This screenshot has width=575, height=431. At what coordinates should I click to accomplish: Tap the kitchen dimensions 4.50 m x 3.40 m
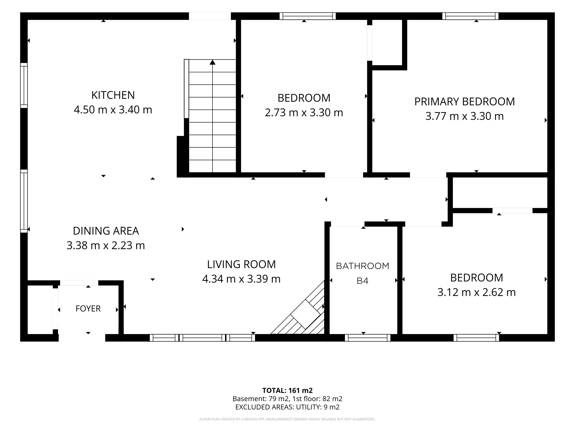[x=113, y=110]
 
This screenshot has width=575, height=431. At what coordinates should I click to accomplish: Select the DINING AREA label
[x=106, y=231]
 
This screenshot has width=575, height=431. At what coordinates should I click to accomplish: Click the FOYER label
[x=88, y=308]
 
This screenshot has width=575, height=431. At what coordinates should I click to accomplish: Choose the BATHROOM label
[x=363, y=266]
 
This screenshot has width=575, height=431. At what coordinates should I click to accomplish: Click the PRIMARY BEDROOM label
[x=464, y=102]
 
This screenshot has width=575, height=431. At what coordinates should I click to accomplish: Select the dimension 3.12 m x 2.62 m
[x=476, y=292]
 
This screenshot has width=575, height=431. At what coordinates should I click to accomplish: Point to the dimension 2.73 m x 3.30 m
[x=304, y=113]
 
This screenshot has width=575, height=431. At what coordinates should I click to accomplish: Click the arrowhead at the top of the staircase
[x=213, y=62]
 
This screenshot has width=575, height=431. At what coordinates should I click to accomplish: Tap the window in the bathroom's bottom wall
[x=368, y=338]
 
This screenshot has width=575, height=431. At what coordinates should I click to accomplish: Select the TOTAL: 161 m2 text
[x=287, y=390]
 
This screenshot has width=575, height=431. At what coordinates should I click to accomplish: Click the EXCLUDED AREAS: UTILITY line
[x=287, y=407]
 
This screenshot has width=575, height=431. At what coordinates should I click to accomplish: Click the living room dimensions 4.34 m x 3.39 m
[x=241, y=279]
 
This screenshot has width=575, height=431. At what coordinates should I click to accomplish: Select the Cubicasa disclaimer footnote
[x=287, y=419]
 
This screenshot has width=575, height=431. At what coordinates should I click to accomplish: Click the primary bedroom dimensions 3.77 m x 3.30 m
[x=464, y=116]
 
